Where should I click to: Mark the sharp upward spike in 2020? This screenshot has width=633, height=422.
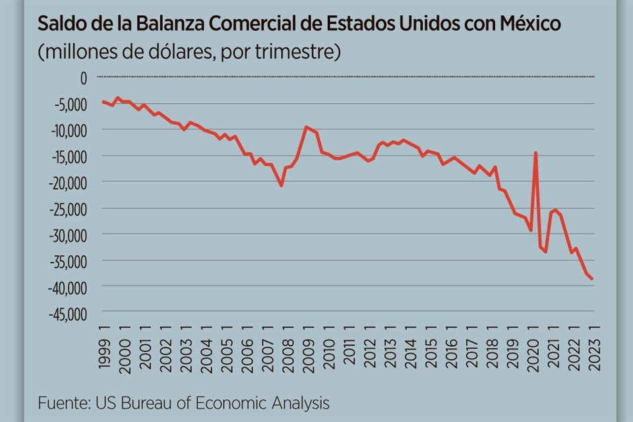coord(535,153)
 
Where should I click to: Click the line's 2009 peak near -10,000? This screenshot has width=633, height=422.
coord(306,127)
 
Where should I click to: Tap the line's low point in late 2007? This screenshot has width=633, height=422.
coord(282,185)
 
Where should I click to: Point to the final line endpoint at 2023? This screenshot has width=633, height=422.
coord(592,279)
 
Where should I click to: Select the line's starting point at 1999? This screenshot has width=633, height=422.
coord(104,102)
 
